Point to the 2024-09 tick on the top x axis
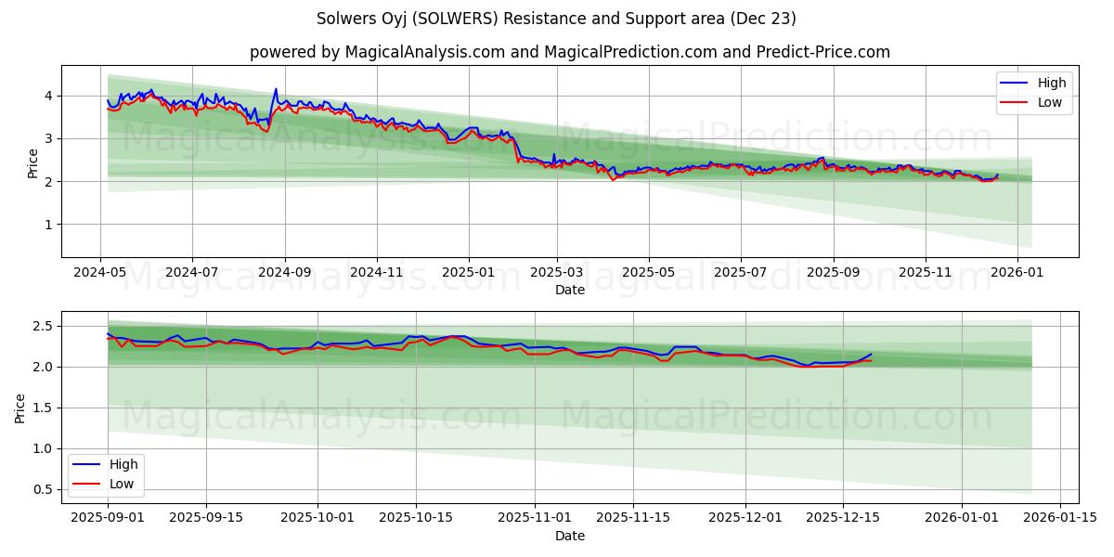[x=284, y=273]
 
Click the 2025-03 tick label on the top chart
[x=557, y=273]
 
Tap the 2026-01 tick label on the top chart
[x=1017, y=273]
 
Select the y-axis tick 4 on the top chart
[x=49, y=96]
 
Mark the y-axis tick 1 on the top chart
[x=49, y=225]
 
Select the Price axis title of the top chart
[x=33, y=163]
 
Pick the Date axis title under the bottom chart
[x=570, y=536]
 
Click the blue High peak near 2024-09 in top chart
[x=276, y=89]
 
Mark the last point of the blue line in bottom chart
[x=871, y=354]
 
